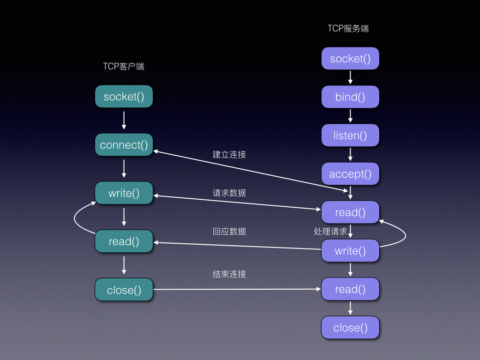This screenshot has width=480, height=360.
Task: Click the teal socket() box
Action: [x=124, y=97]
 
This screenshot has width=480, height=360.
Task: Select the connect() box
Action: [x=124, y=145]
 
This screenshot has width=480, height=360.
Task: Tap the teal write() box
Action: [x=124, y=193]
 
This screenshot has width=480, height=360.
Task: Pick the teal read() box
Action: [x=124, y=241]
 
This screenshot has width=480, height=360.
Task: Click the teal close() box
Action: [x=124, y=290]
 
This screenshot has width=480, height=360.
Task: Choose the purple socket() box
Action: [x=350, y=59]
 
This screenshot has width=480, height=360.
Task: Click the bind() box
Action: [x=350, y=97]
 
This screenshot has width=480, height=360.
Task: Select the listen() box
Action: [x=350, y=135]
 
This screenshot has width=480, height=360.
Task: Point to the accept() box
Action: [x=350, y=174]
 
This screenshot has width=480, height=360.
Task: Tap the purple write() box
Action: [x=350, y=251]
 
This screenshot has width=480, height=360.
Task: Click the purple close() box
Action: [x=350, y=328]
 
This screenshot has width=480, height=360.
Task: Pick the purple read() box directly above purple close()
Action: [x=350, y=289]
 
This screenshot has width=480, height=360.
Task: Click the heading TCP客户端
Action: [x=124, y=67]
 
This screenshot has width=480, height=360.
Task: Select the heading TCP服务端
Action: [x=348, y=29]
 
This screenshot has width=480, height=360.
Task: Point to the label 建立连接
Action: [x=229, y=155]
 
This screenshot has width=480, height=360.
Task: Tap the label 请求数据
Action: [x=229, y=193]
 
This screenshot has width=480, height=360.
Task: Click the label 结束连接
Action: [x=229, y=275]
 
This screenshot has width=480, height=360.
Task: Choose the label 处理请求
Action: [x=330, y=232]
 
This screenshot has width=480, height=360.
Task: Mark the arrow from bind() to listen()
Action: [x=350, y=116]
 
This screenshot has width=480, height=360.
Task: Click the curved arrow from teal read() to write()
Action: [x=76, y=218]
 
